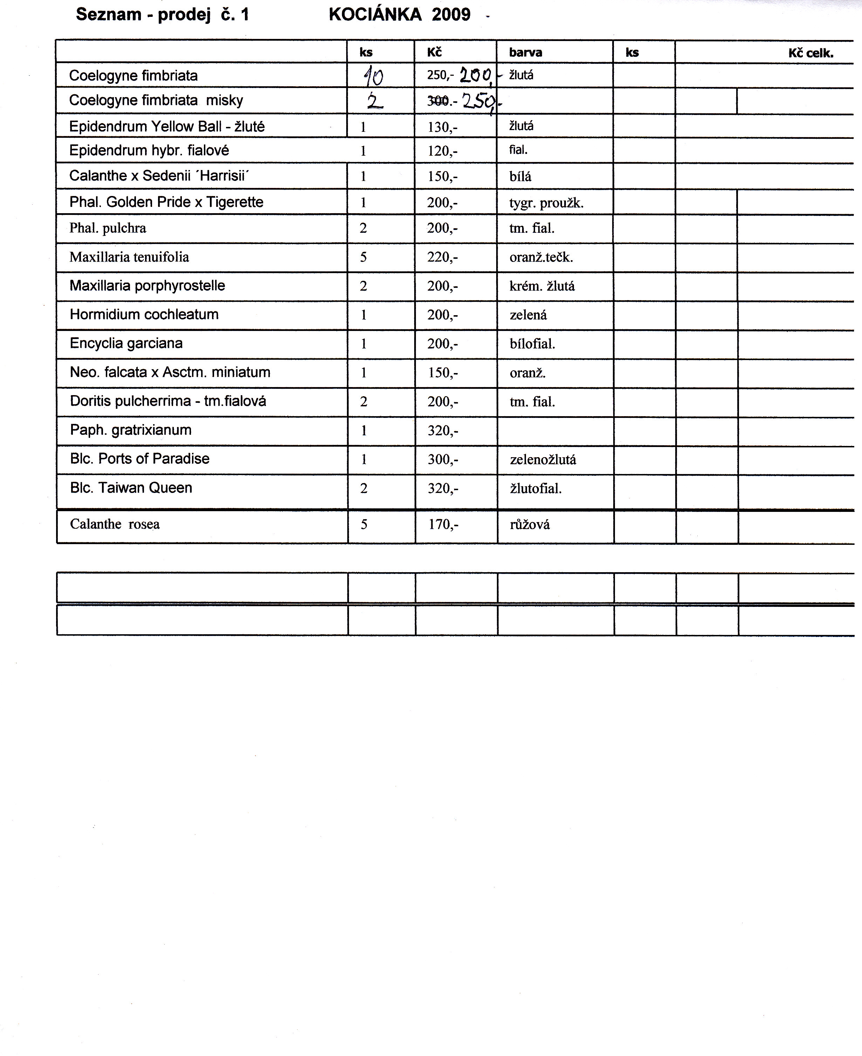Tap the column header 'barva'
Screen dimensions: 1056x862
coord(525,53)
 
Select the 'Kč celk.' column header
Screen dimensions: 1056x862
coord(810,53)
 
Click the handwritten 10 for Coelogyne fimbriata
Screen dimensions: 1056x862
coord(374,76)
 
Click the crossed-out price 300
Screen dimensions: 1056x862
coord(437,101)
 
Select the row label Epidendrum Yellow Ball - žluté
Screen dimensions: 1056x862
coord(167,127)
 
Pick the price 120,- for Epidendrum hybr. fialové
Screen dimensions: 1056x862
coord(443,151)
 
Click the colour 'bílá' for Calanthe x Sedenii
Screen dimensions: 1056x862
coord(520,177)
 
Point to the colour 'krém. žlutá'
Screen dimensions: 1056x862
coord(542,286)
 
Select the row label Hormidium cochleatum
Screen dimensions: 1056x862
coord(144,314)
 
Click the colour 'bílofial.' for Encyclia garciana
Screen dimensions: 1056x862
coord(532,344)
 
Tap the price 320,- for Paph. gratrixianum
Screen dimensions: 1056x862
coord(443,431)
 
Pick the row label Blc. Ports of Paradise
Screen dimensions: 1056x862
coord(139,459)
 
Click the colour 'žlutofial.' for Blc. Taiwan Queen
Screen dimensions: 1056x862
coord(536,489)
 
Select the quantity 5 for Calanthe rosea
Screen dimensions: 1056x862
coord(364,524)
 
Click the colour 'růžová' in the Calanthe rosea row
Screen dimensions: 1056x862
coord(530,525)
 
